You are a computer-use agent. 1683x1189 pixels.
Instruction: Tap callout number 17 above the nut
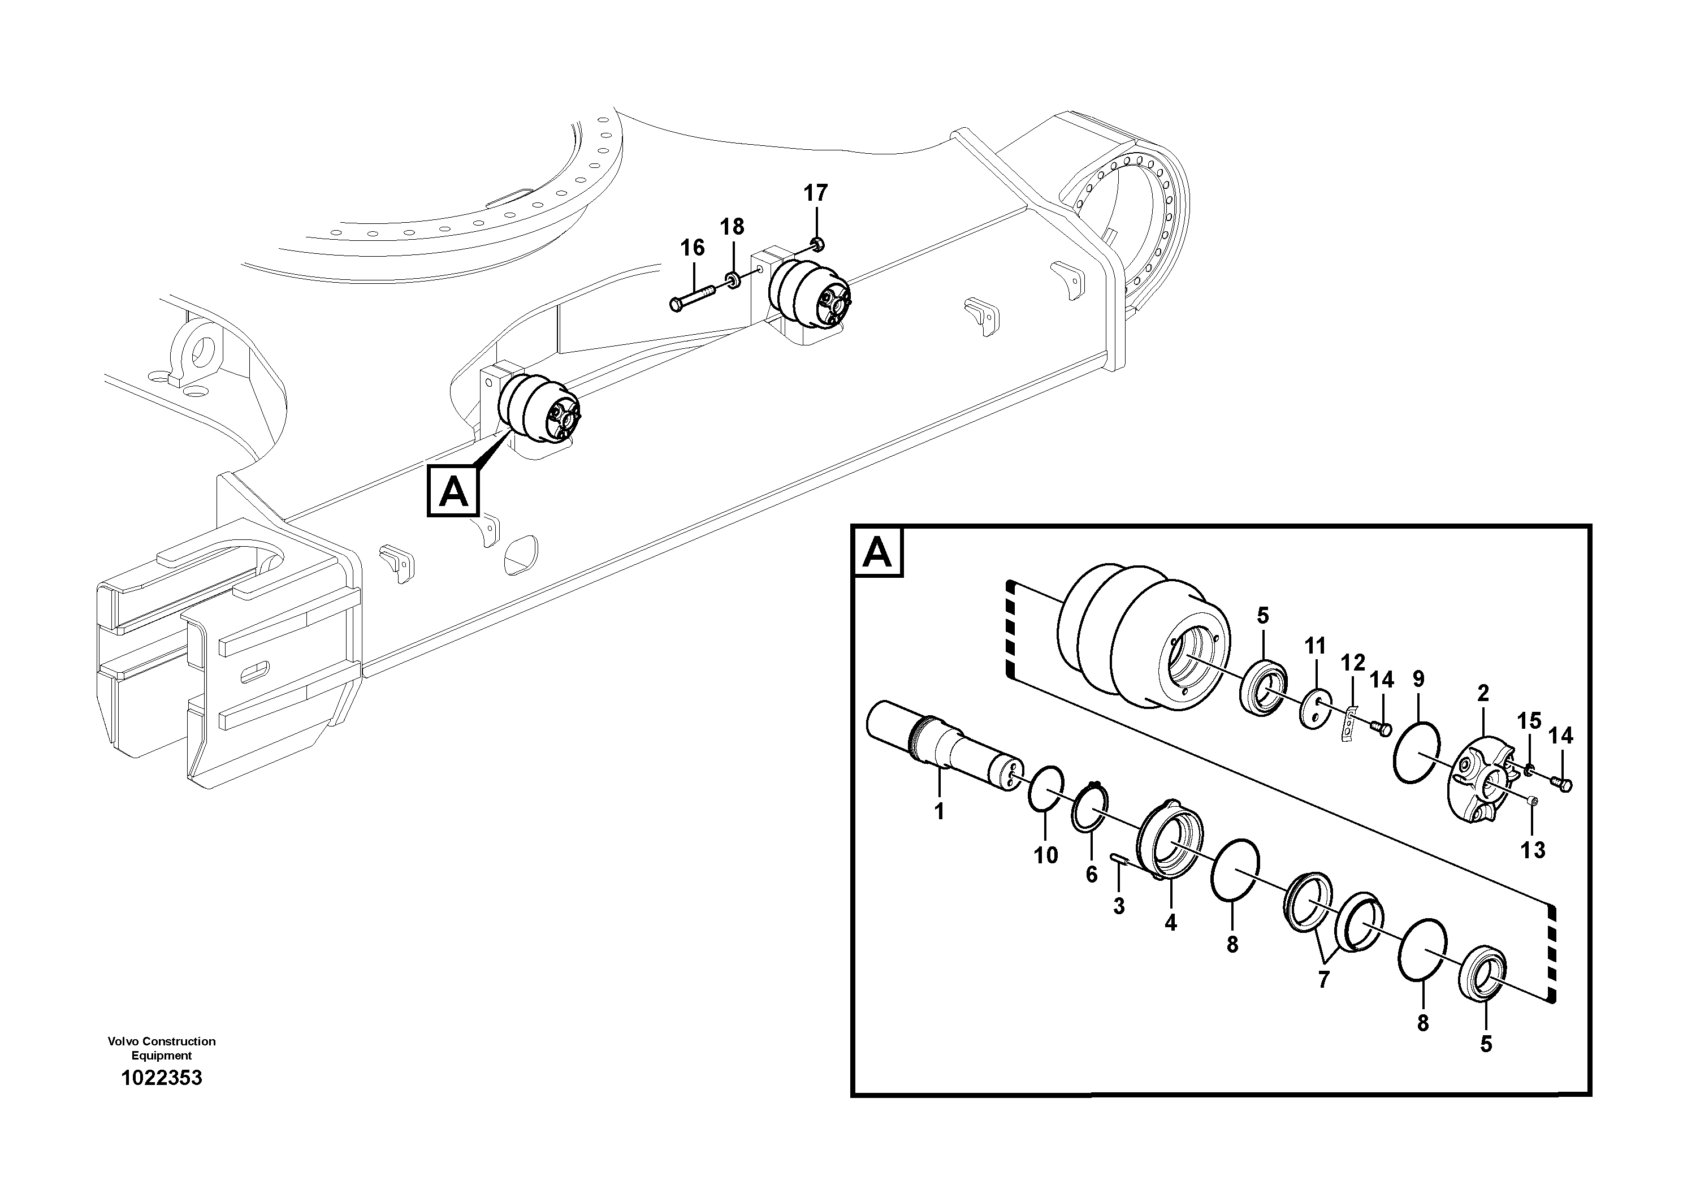(815, 193)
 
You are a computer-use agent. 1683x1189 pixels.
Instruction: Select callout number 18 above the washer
(732, 227)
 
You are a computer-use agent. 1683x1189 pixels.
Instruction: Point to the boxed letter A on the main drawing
(453, 491)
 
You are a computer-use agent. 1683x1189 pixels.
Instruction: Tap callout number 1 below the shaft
(939, 811)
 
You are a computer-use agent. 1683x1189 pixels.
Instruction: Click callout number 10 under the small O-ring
(1046, 855)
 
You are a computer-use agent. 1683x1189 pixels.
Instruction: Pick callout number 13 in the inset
(1533, 850)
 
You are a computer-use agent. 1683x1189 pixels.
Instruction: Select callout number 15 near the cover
(1529, 721)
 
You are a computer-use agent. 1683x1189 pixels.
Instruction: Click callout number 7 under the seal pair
(1323, 979)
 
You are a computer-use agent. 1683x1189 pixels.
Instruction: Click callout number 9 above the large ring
(1418, 679)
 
